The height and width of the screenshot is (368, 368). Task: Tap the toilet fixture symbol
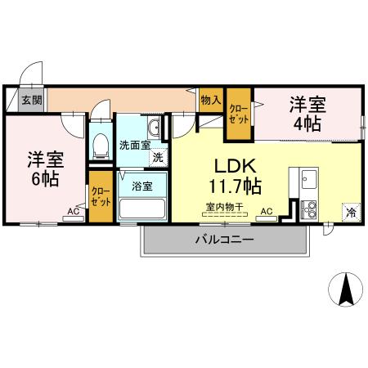101,146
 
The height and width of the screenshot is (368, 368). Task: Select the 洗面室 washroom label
134,146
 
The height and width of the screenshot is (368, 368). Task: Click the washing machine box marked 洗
156,157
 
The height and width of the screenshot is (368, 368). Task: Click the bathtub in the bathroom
142,208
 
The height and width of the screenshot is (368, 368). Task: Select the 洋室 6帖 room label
44,168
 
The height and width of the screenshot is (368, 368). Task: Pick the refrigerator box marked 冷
350,211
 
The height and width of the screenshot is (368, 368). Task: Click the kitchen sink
308,179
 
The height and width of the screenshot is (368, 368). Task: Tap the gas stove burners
309,209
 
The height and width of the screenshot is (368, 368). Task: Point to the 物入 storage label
210,99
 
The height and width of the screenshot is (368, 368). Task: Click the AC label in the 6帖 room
74,212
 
